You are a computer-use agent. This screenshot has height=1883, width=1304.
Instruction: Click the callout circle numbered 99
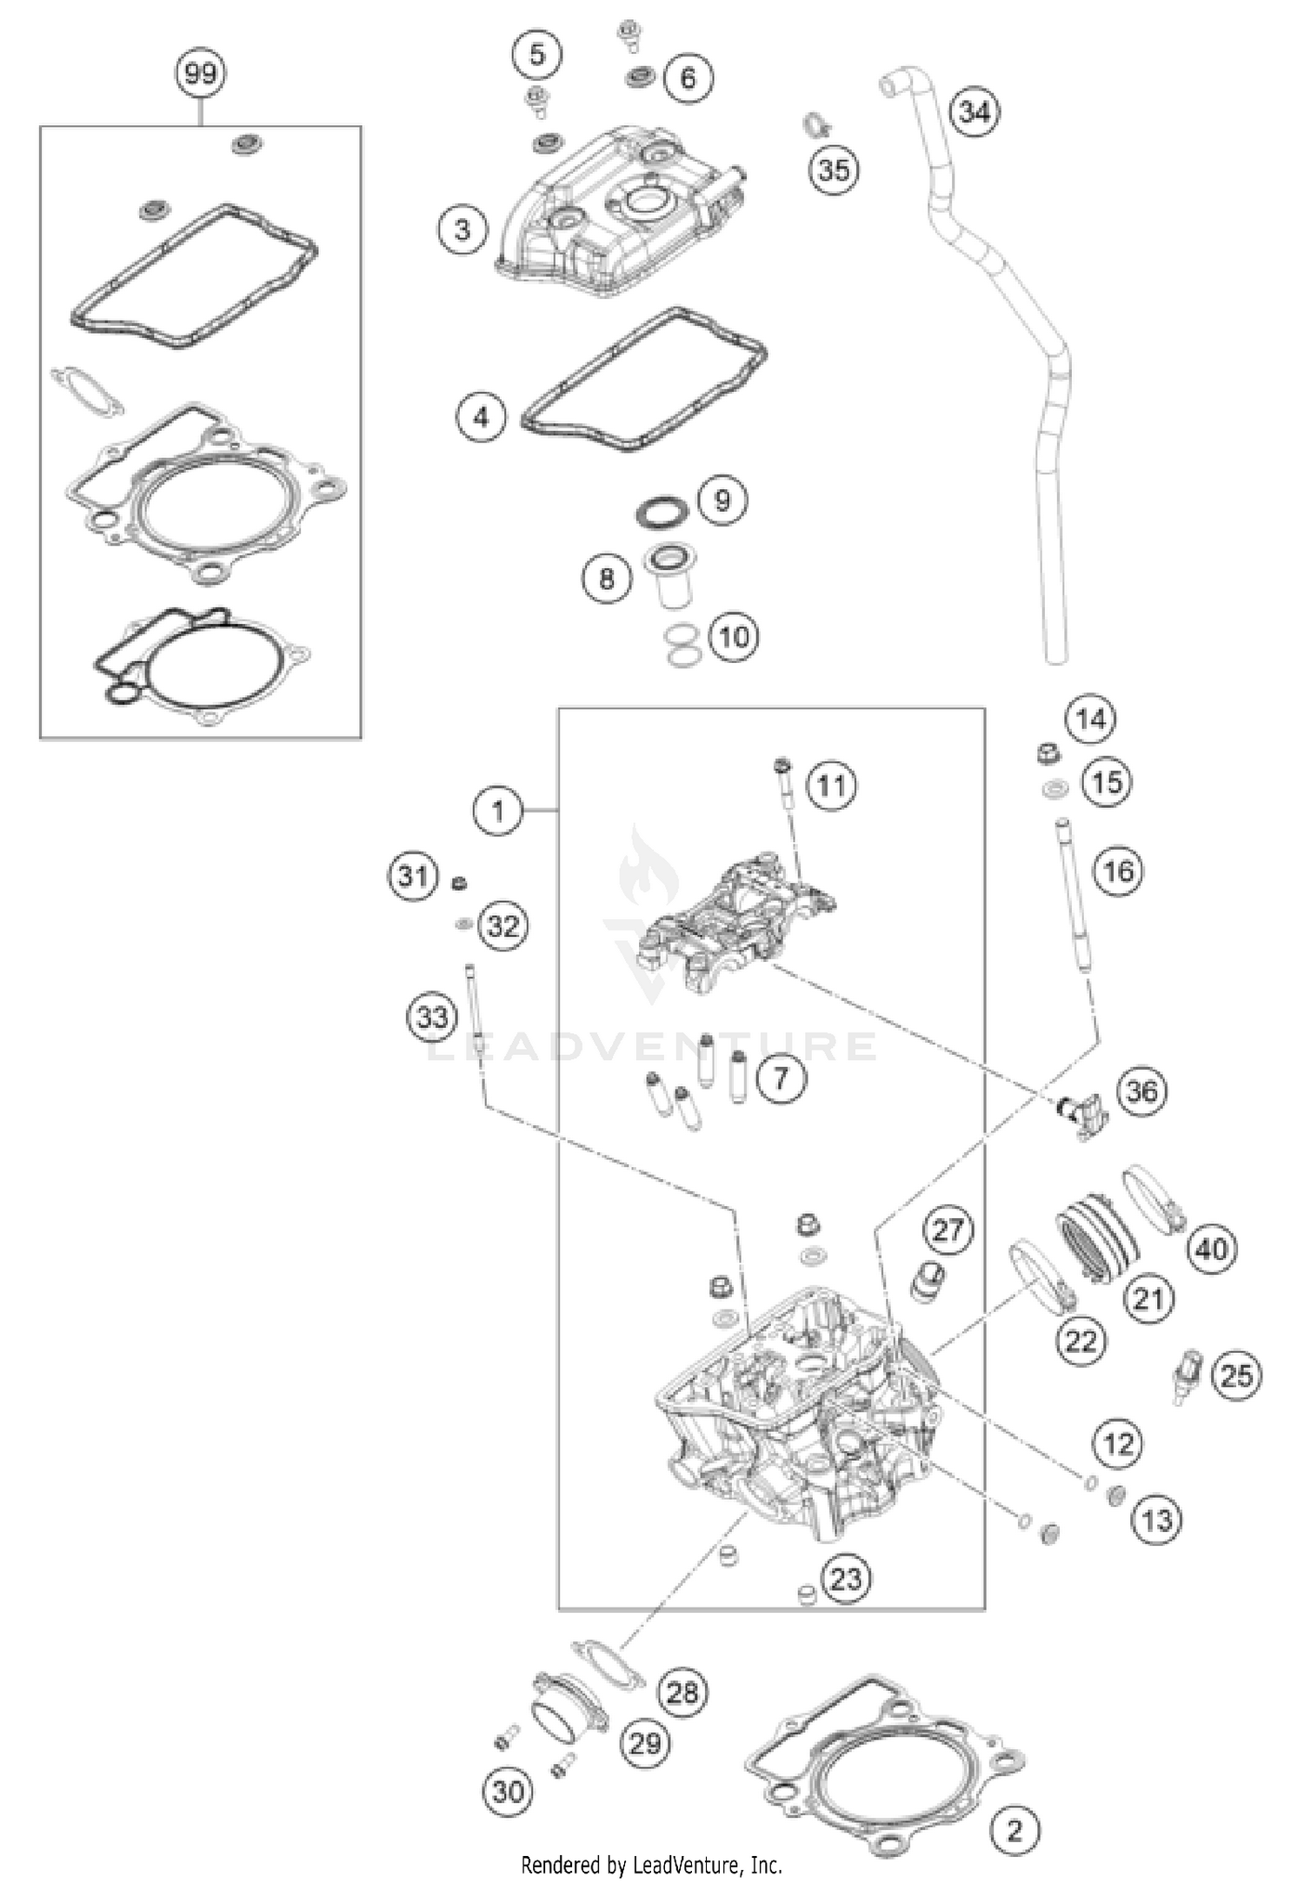tap(201, 73)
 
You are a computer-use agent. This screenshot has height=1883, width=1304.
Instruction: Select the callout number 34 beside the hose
tap(974, 112)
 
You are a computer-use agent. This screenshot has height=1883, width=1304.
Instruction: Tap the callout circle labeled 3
tap(462, 229)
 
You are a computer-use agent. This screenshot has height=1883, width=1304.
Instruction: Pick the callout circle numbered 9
tap(722, 500)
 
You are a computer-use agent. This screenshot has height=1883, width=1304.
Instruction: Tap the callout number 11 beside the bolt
tap(831, 786)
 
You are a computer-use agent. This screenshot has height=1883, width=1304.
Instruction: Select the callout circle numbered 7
tap(780, 1078)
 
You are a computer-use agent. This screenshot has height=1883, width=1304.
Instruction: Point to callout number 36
tap(1141, 1091)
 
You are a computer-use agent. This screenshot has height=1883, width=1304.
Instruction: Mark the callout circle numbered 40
tap(1211, 1250)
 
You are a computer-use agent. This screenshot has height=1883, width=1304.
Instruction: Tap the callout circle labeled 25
tap(1235, 1376)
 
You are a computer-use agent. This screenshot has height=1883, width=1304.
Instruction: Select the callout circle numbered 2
tap(1015, 1806)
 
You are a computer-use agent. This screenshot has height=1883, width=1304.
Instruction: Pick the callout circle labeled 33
tap(432, 1016)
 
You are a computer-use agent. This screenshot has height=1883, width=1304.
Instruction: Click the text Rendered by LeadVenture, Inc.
tap(651, 1864)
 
